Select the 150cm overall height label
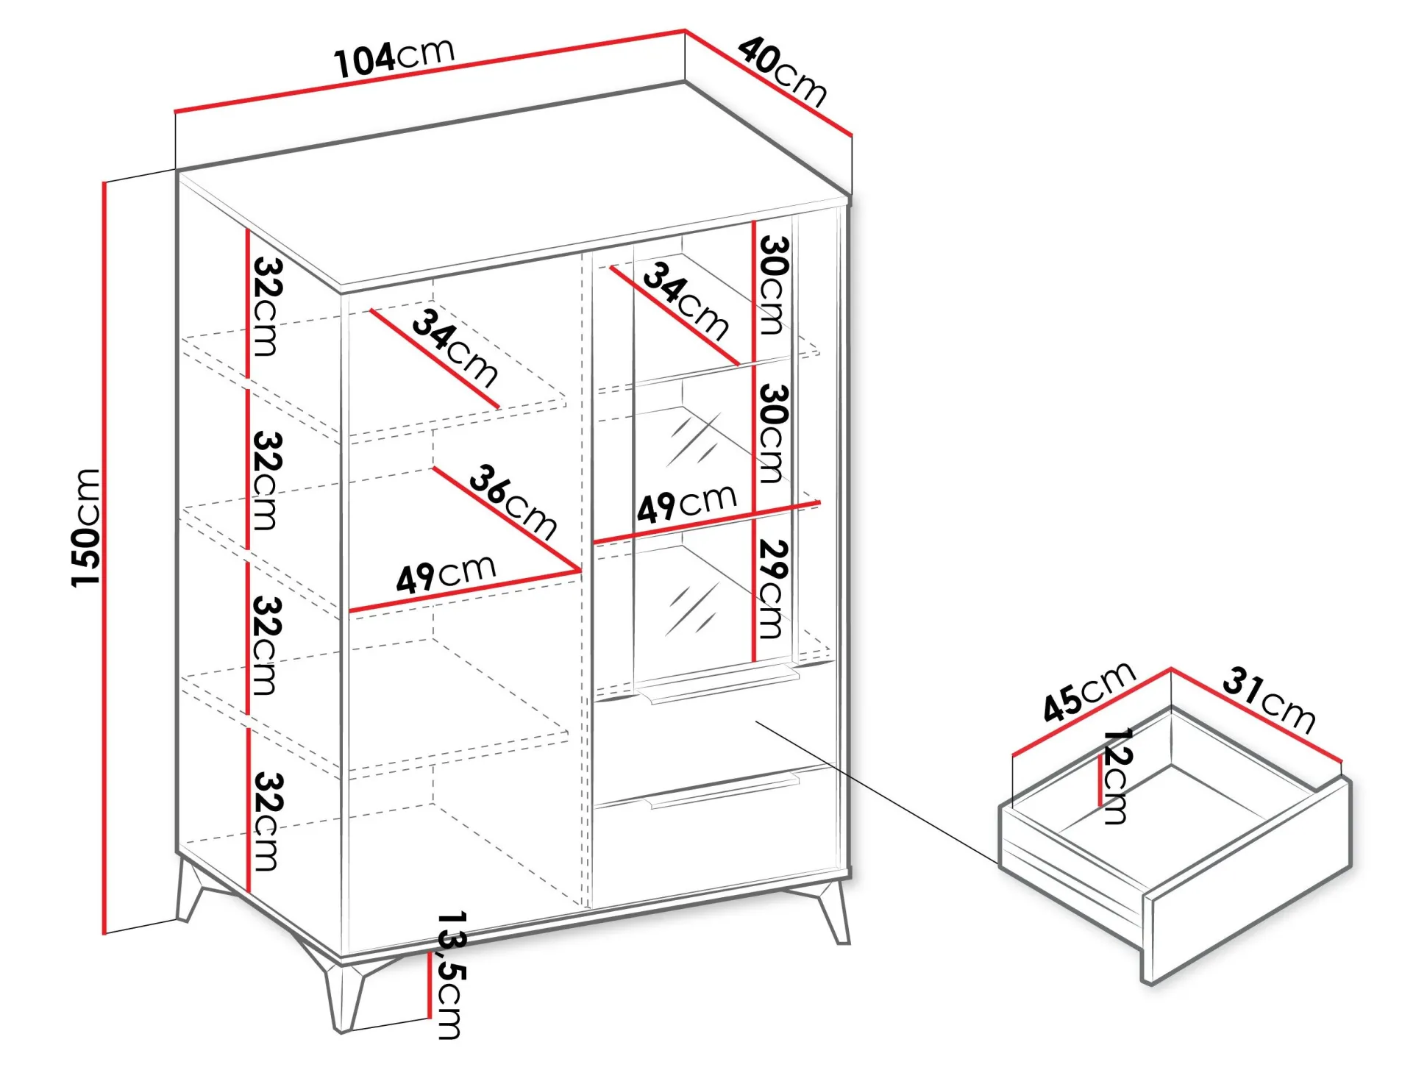85,527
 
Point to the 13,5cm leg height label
451,975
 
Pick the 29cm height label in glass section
772,589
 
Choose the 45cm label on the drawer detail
1089,691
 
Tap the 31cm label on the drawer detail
1269,701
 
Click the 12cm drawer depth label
1117,776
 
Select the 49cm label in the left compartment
446,573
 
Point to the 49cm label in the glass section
686,504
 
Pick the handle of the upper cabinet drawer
718,684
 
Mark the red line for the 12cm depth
1100,781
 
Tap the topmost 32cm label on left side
266,306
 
